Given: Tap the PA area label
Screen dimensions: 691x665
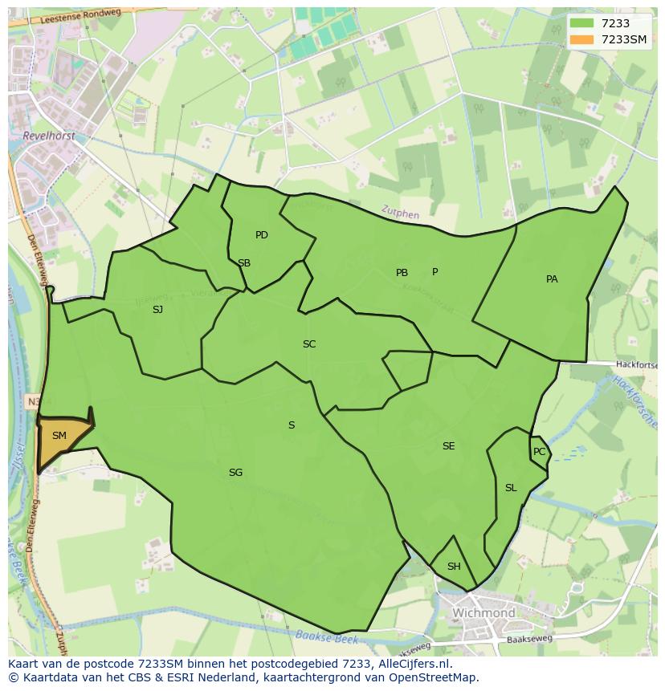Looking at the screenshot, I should point(552,279).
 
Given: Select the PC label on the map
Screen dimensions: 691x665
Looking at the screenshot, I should point(539,452).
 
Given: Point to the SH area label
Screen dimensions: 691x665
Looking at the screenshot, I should point(454,567).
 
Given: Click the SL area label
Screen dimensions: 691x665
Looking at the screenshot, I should point(511,488).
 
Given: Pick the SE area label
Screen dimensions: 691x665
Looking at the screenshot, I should point(448,446).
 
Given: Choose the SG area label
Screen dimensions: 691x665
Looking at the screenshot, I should point(235,473).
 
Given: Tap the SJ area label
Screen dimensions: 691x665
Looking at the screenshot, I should point(157,309).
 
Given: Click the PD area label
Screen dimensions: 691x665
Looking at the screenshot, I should point(261,235).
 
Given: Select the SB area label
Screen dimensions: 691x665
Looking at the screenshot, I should point(244,263).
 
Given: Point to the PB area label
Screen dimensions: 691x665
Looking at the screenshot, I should point(402,273).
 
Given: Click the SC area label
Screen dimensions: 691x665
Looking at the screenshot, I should point(309,344).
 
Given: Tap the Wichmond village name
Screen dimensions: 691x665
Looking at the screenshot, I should point(483,613).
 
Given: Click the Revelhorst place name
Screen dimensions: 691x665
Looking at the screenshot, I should point(50,136).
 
